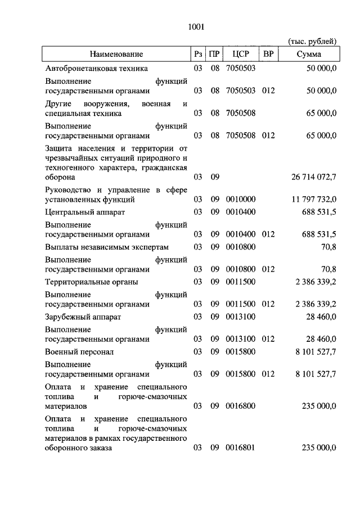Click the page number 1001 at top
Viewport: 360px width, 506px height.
[x=196, y=26]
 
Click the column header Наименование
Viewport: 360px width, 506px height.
[x=115, y=54]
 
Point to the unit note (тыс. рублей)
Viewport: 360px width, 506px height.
[x=312, y=41]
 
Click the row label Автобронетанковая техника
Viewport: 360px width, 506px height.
[x=96, y=68]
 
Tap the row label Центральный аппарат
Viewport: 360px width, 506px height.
[x=85, y=212]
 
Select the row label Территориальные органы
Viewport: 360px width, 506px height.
[x=92, y=282]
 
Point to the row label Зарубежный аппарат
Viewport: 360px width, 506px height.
[x=83, y=317]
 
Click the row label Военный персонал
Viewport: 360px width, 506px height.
[x=79, y=351]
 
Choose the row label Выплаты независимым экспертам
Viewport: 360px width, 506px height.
[x=107, y=247]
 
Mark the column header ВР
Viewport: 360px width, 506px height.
[x=268, y=54]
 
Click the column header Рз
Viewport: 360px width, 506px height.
[x=197, y=54]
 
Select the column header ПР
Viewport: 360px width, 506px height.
[x=214, y=54]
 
